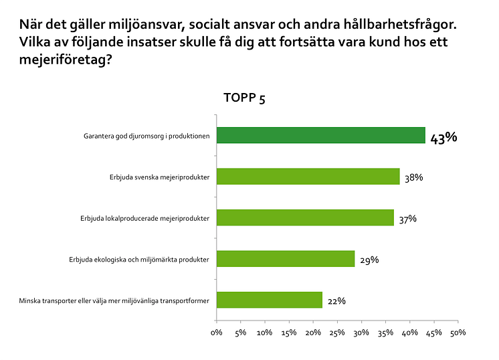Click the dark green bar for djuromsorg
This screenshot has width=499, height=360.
(320, 135)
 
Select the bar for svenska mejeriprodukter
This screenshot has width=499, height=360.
(308, 177)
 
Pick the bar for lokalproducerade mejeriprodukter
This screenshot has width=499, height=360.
(305, 217)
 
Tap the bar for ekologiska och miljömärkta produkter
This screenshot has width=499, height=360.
(286, 259)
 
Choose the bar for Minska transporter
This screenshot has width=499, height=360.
(269, 300)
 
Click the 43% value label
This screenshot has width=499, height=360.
(443, 139)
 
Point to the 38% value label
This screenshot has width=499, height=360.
(414, 177)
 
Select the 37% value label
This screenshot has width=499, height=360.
(407, 219)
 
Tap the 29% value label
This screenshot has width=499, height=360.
(369, 260)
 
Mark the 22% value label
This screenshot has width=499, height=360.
(336, 301)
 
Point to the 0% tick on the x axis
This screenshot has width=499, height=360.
(216, 333)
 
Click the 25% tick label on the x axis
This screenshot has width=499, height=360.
(337, 333)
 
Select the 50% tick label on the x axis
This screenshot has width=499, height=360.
(458, 333)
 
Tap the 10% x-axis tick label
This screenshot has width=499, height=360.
(264, 333)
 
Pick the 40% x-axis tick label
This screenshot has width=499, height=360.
(409, 333)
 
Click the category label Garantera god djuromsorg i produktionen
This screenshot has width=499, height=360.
(147, 136)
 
